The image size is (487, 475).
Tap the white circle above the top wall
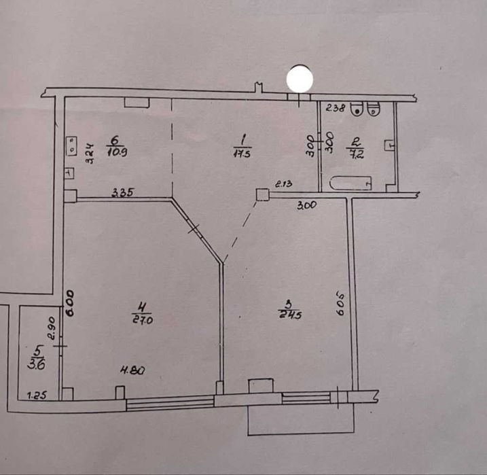[300, 79]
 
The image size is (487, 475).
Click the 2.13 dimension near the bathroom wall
[284, 183]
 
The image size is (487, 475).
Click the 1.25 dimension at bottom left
[35, 394]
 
